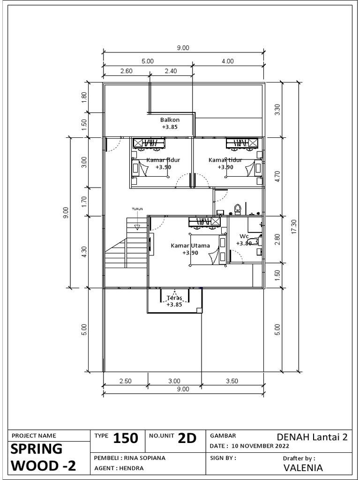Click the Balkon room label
(x=170, y=120)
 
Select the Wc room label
(x=244, y=236)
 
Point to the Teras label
(x=174, y=298)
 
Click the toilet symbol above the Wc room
(x=238, y=209)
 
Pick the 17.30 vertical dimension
(x=294, y=227)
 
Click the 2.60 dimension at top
(x=126, y=71)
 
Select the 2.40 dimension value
(x=171, y=71)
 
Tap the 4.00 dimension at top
(x=227, y=61)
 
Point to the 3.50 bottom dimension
(x=232, y=381)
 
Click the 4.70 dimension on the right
(x=277, y=176)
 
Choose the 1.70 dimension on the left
(x=84, y=202)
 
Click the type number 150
(x=126, y=439)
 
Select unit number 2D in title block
(x=187, y=439)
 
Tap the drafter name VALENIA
(x=303, y=468)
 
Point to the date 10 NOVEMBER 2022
(x=260, y=446)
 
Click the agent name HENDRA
(x=131, y=468)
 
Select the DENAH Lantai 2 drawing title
(x=312, y=437)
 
